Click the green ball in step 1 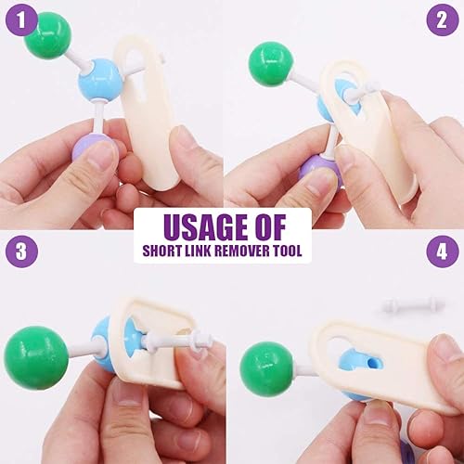tap(47, 34)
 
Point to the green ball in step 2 tap(270, 64)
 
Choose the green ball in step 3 tap(37, 356)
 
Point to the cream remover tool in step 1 tap(152, 111)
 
